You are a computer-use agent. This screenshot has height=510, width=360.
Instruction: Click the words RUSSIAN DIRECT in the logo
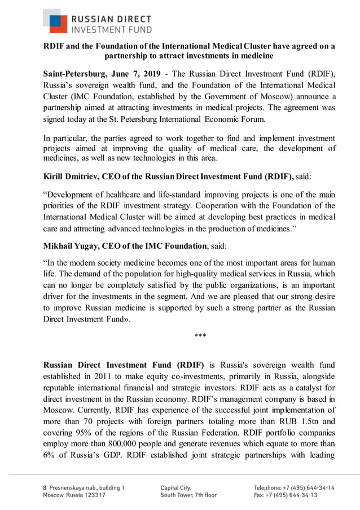[110, 17]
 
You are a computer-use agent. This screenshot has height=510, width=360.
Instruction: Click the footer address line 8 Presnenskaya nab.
[84, 487]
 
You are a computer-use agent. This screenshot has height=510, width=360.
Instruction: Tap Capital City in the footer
[176, 487]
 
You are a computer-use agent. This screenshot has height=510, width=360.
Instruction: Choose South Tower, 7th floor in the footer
[188, 495]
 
